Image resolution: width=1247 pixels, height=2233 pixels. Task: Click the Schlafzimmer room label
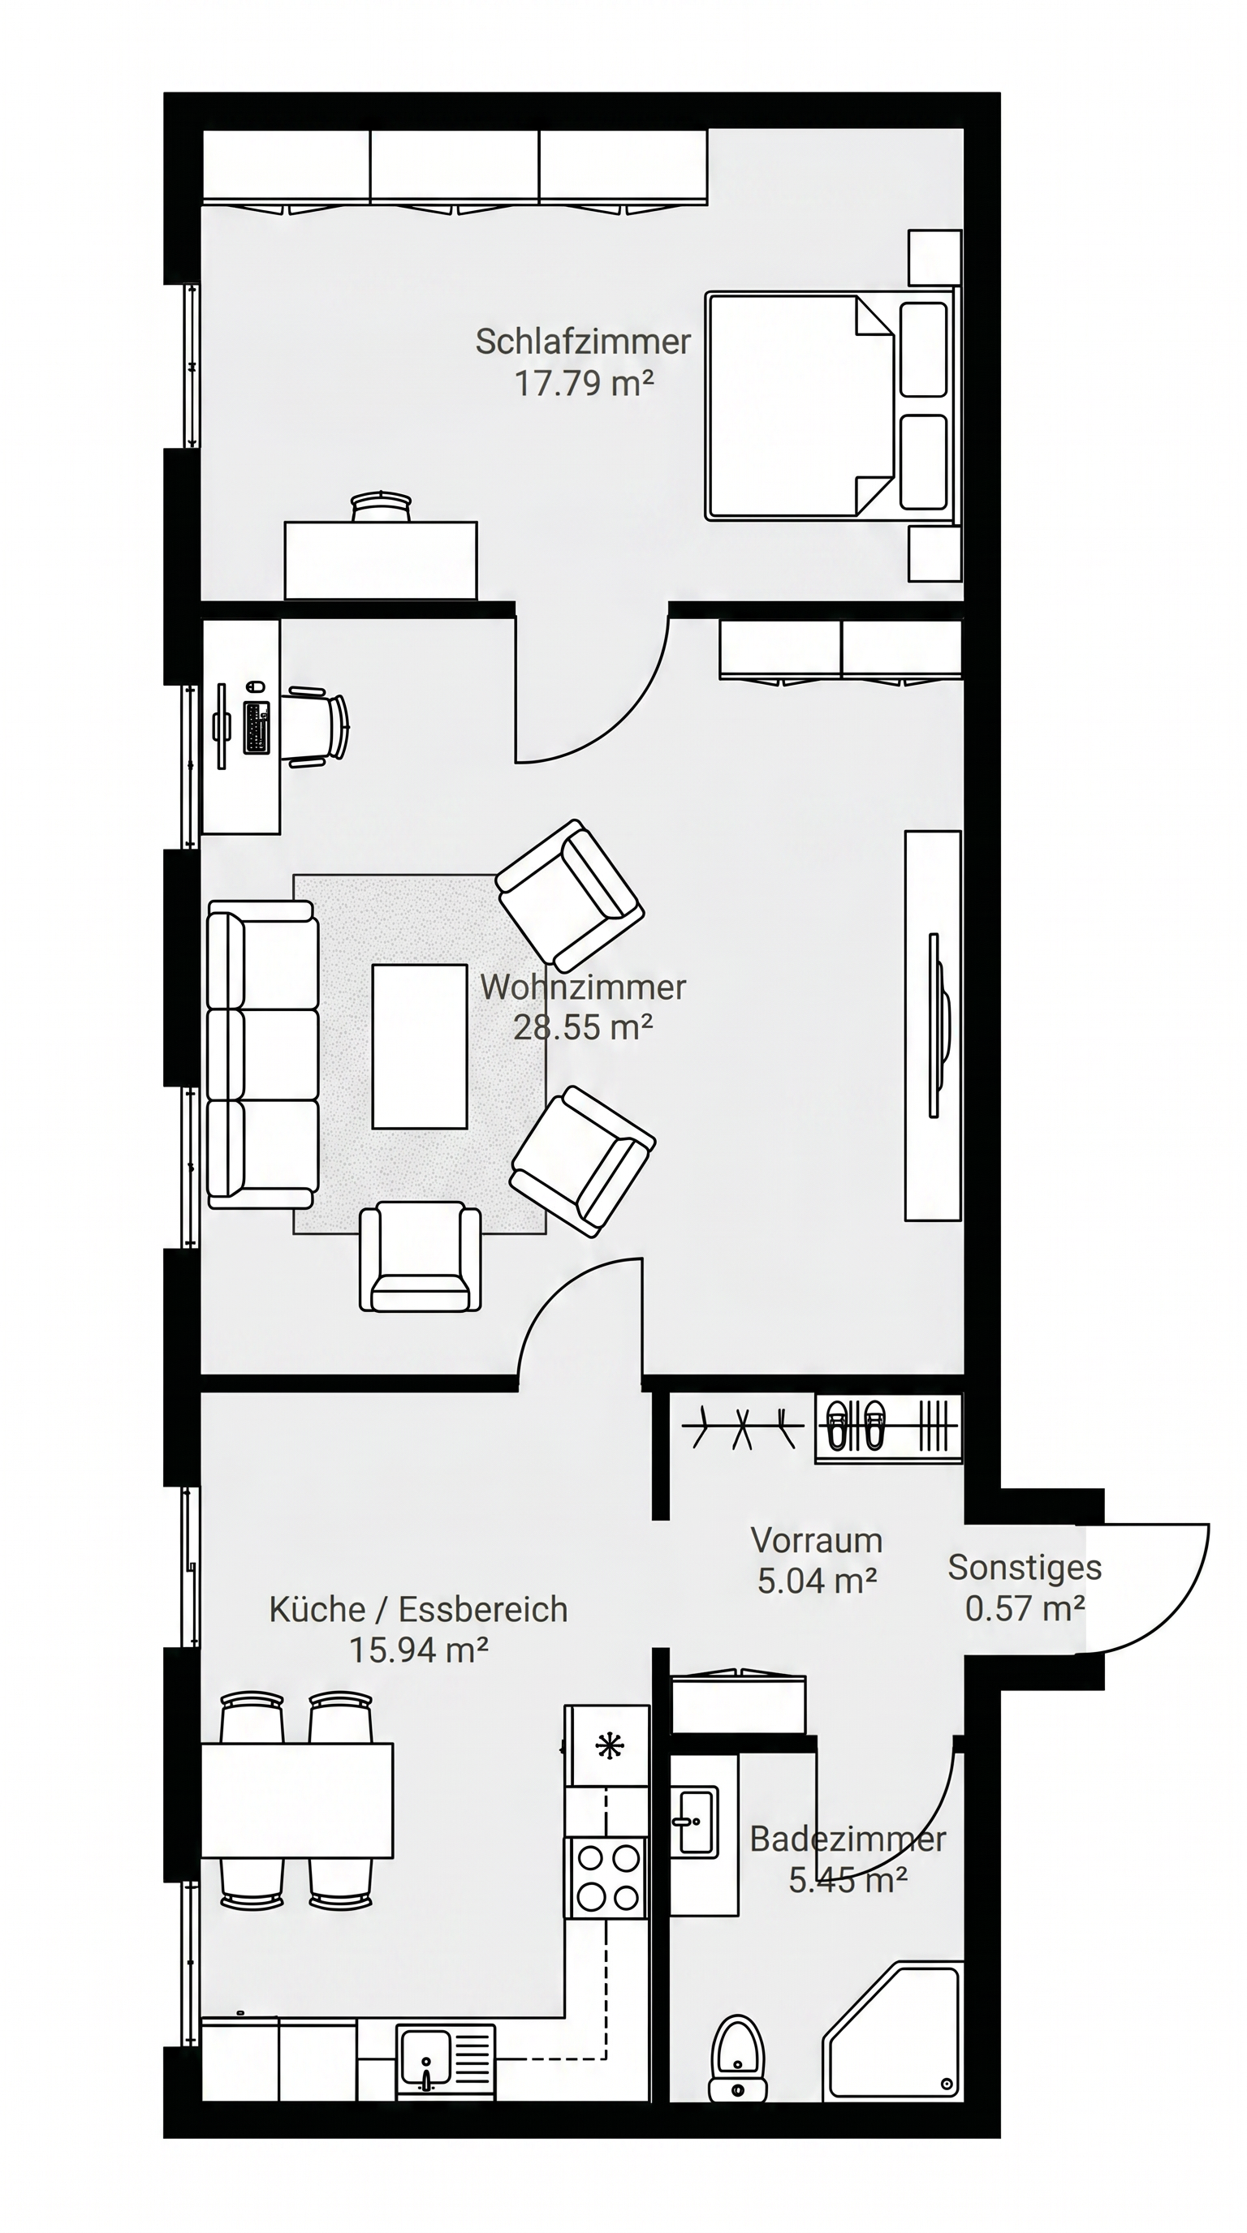(583, 342)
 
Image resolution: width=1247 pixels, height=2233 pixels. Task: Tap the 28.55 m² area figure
(583, 1027)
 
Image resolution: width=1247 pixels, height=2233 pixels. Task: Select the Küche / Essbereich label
(418, 1610)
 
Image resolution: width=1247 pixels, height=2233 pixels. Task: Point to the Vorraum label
(817, 1540)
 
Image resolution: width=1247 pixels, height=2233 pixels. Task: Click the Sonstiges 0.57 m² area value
(1025, 1609)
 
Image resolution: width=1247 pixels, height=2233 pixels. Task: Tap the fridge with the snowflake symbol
(607, 1747)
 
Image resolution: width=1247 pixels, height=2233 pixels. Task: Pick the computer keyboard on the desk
(257, 727)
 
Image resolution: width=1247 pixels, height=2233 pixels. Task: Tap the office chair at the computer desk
(317, 727)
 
